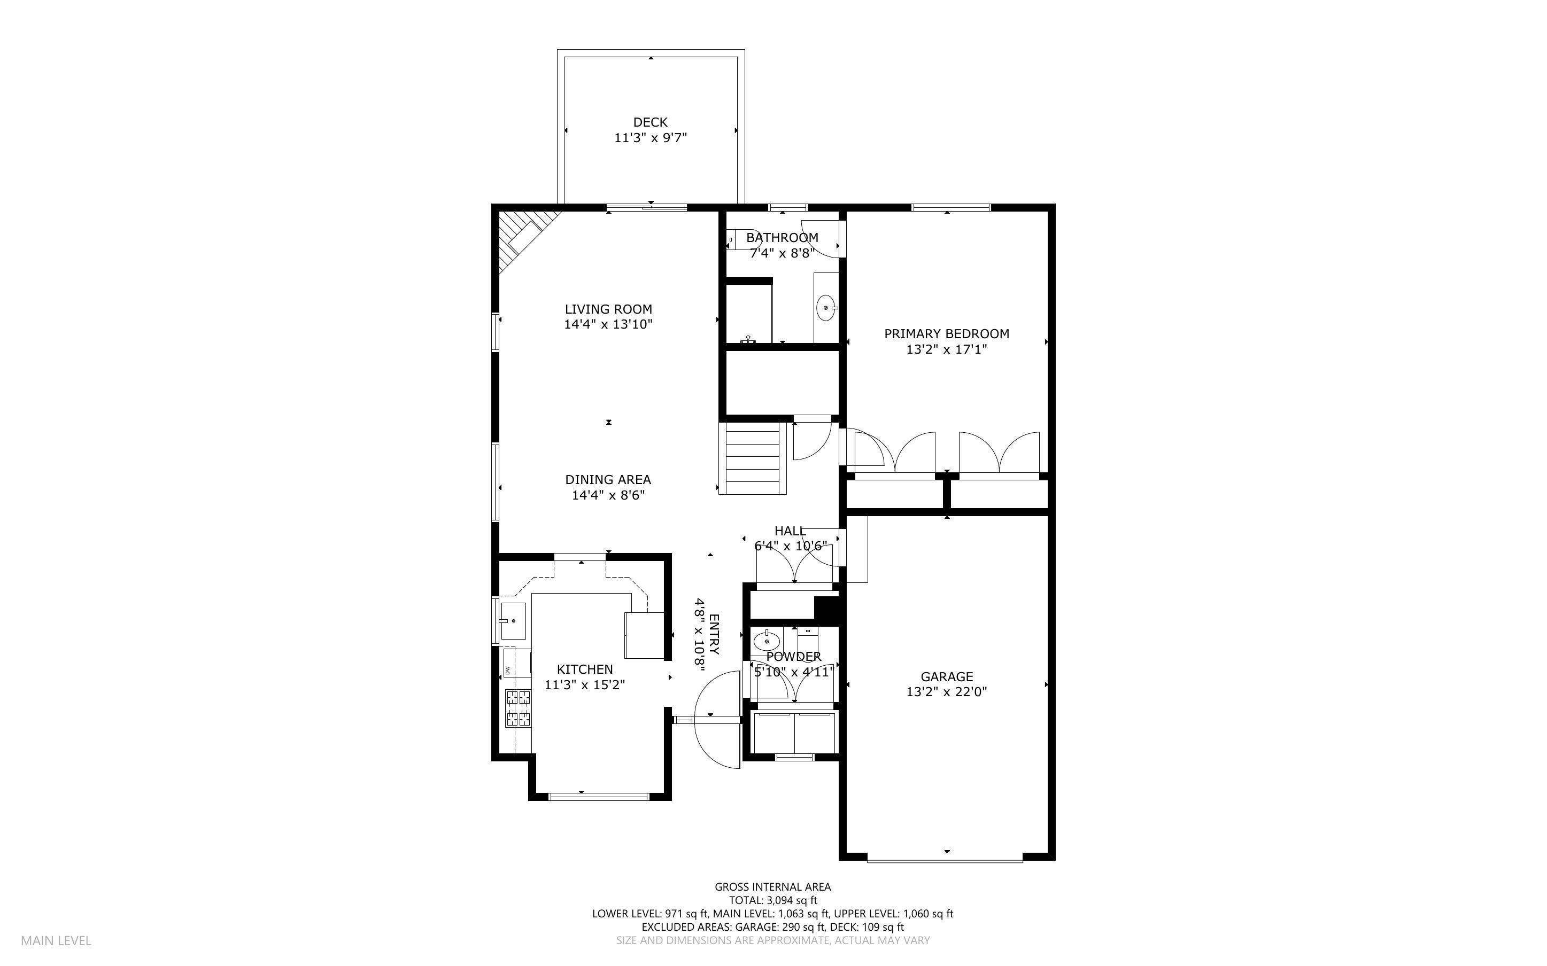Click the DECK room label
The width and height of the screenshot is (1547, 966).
pyautogui.click(x=650, y=122)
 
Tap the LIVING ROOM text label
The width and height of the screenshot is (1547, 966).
pyautogui.click(x=608, y=309)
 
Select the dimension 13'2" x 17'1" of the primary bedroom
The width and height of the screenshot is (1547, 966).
pyautogui.click(x=946, y=349)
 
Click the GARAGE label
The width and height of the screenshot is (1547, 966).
pyautogui.click(x=946, y=676)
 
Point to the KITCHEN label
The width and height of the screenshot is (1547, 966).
pyautogui.click(x=584, y=669)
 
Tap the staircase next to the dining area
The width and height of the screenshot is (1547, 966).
pyautogui.click(x=752, y=458)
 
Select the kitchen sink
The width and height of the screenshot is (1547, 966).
pyautogui.click(x=513, y=620)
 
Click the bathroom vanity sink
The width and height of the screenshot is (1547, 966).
pyautogui.click(x=826, y=308)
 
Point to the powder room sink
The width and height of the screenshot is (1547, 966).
pyautogui.click(x=765, y=639)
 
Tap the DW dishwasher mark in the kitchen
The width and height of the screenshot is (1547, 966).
pyautogui.click(x=507, y=670)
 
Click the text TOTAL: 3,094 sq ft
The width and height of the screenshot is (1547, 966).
pyautogui.click(x=772, y=901)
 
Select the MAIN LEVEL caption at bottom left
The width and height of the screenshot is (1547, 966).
pyautogui.click(x=56, y=940)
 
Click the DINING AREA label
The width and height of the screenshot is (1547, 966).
pyautogui.click(x=608, y=480)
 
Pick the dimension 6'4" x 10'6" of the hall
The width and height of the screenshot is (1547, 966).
pyautogui.click(x=791, y=546)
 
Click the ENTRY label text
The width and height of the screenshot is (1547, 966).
pyautogui.click(x=714, y=634)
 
